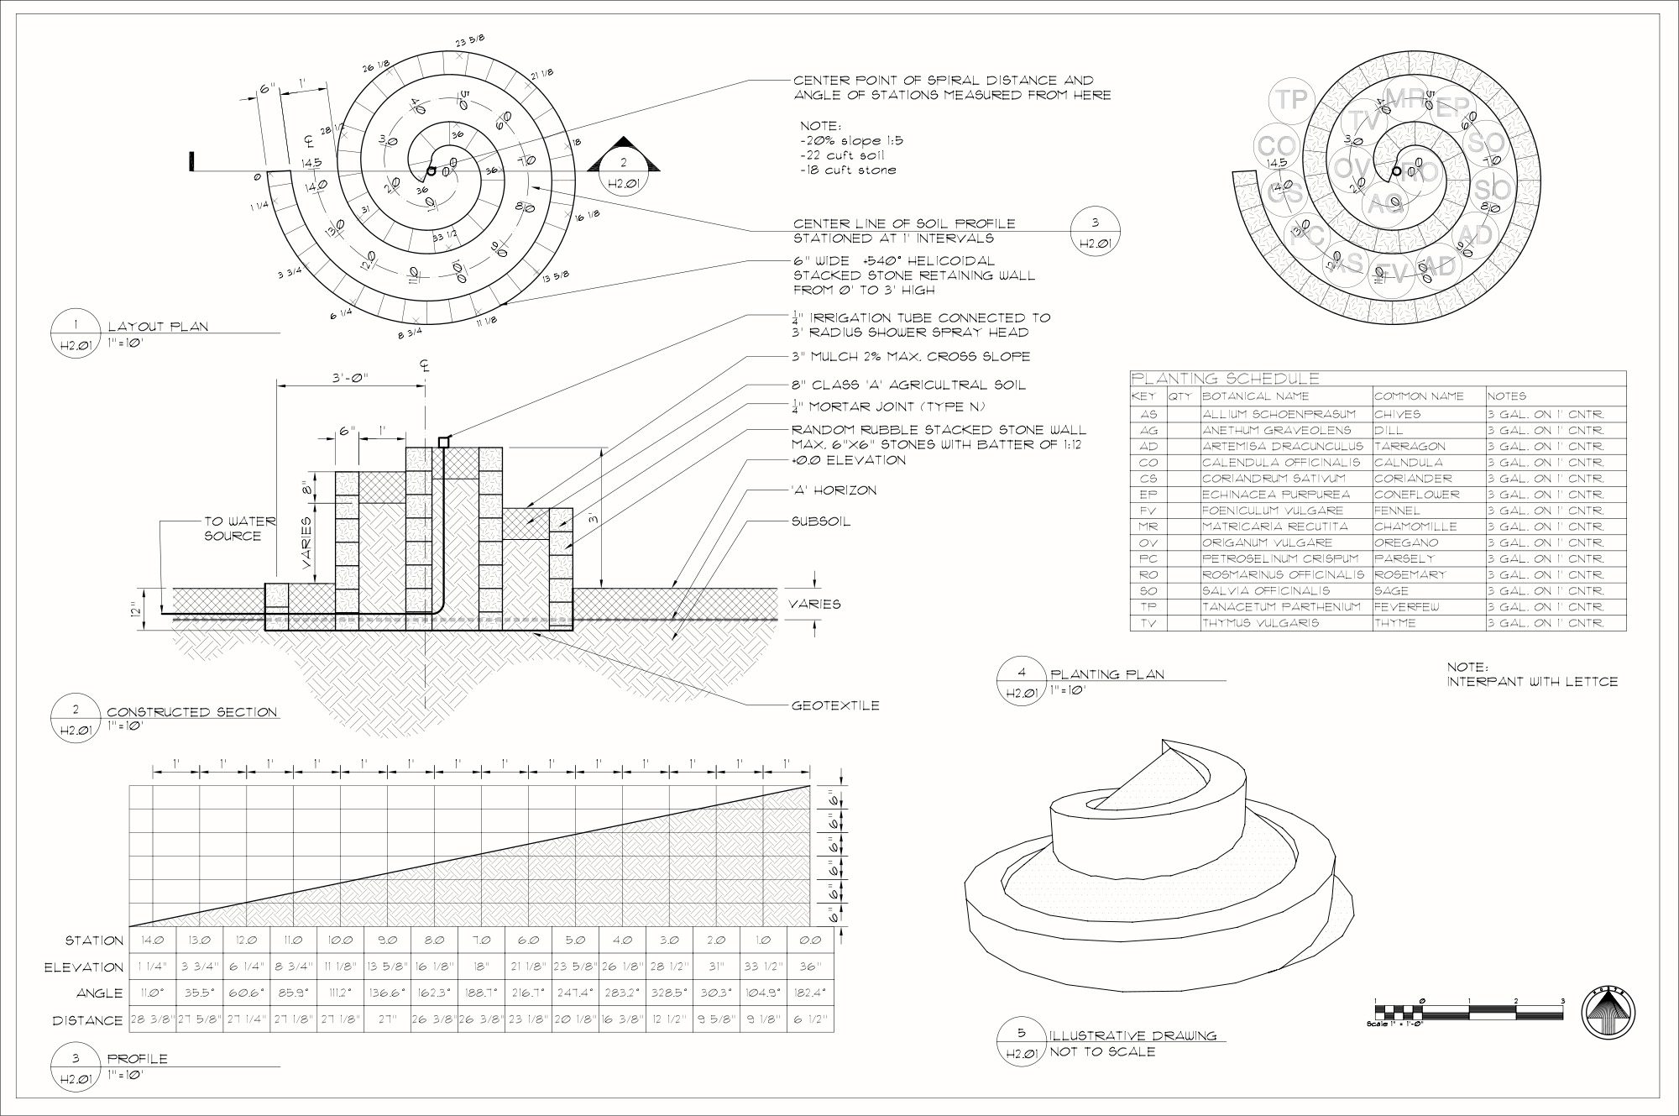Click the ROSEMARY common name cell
pyautogui.click(x=1410, y=575)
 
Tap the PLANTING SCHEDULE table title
pyautogui.click(x=1225, y=379)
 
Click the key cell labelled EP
pyautogui.click(x=1148, y=495)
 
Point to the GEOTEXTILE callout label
pyautogui.click(x=835, y=705)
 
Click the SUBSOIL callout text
pyautogui.click(x=821, y=521)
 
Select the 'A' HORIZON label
pyautogui.click(x=834, y=490)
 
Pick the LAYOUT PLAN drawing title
pyautogui.click(x=158, y=327)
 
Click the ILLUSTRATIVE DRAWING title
pyautogui.click(x=1133, y=1035)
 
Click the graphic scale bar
pyautogui.click(x=1468, y=1011)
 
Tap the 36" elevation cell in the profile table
pyautogui.click(x=810, y=967)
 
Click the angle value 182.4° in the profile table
pyautogui.click(x=810, y=993)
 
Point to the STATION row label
pyautogui.click(x=95, y=940)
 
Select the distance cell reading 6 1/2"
pyautogui.click(x=810, y=1021)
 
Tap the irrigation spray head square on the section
pyautogui.click(x=443, y=442)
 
